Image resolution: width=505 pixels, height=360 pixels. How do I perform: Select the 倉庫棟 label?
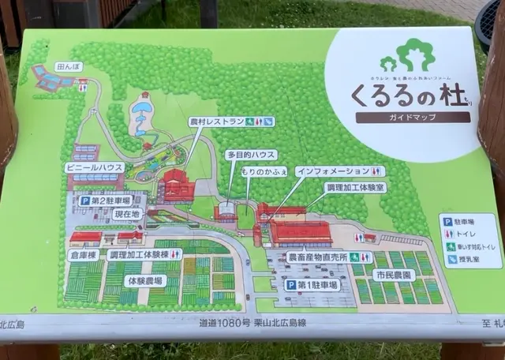pyautogui.click(x=82, y=255)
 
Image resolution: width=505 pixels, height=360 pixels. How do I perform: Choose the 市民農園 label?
pyautogui.click(x=394, y=276)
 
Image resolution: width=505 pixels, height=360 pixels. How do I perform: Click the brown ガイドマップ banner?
pyautogui.click(x=412, y=117)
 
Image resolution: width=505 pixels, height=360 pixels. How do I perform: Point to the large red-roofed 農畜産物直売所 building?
pyautogui.click(x=301, y=233)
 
